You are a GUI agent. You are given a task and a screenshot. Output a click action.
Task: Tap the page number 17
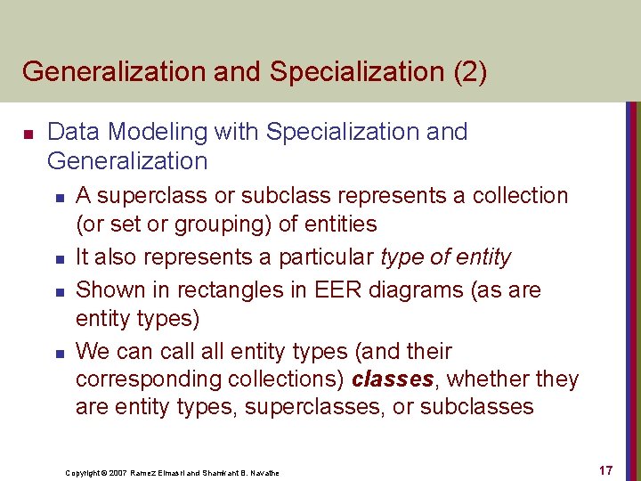[605, 470]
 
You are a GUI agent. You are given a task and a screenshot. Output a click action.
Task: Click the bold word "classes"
[393, 379]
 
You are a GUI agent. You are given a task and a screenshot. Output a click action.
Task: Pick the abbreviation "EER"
[335, 290]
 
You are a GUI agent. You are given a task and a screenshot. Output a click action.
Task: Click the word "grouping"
[227, 224]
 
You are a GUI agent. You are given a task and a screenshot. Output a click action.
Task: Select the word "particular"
[327, 257]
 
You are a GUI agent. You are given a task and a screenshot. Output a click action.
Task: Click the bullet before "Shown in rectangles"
[57, 292]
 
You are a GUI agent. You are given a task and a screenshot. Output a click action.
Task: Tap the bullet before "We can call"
[57, 354]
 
